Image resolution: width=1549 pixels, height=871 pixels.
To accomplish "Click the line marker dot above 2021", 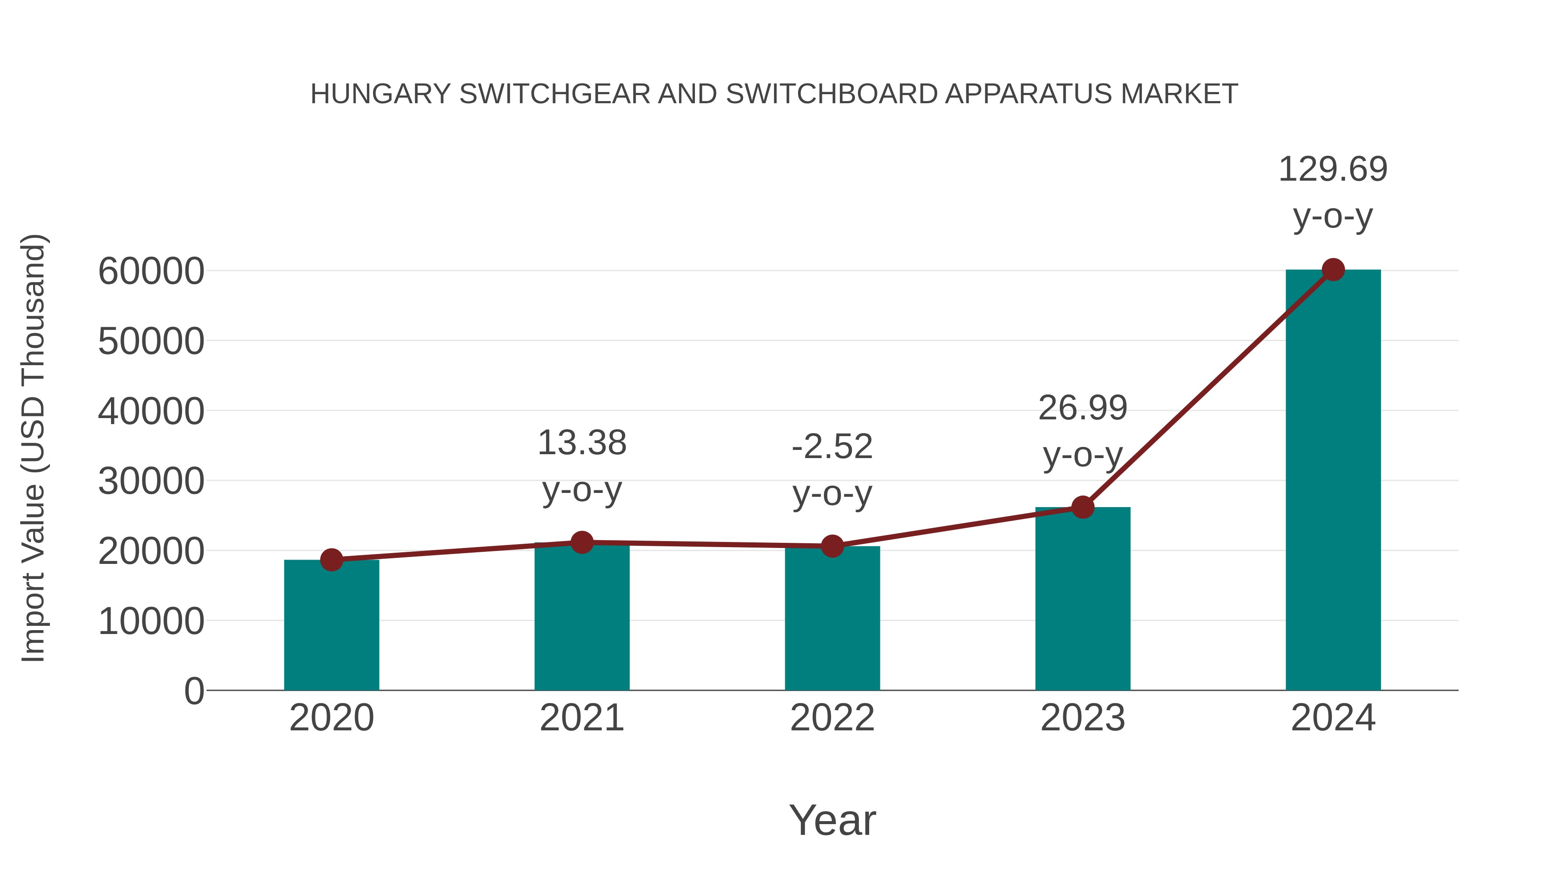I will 581,543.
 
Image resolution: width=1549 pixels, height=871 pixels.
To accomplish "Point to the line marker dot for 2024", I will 1333,270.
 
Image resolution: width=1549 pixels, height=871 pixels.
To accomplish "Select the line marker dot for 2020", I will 331,560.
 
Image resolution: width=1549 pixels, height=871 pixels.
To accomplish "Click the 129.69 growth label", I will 1333,169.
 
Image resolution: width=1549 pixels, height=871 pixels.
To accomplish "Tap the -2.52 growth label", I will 832,446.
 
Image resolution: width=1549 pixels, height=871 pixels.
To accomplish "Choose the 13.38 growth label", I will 581,443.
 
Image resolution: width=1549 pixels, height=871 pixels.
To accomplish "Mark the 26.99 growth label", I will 1083,408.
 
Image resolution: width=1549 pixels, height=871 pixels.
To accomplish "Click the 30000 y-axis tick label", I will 151,481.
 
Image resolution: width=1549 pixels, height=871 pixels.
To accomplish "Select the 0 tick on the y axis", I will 194,691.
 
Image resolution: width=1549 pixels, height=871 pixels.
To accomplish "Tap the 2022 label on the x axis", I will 832,718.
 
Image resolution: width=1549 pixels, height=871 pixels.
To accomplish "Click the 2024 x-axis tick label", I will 1333,718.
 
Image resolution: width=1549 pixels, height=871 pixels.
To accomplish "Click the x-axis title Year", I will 832,820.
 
